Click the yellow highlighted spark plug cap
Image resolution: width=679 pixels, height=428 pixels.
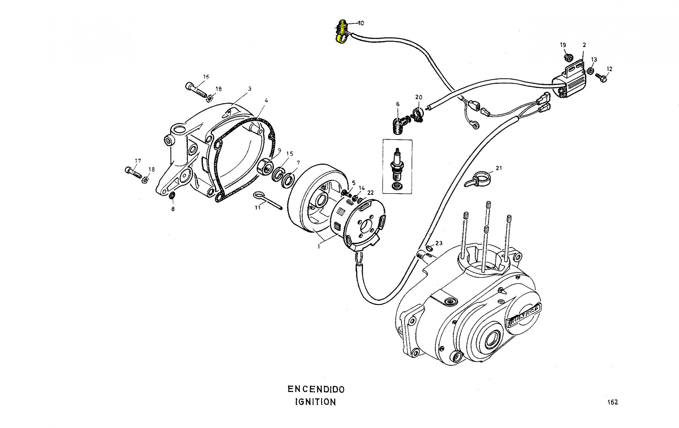(342, 31)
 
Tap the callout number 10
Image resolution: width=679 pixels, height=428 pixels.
(361, 23)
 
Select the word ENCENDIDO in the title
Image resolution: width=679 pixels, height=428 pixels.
(316, 389)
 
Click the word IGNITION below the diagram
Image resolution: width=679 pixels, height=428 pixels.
(316, 402)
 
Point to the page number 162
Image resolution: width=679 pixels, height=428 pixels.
(613, 402)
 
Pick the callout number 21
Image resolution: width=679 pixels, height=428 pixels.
(499, 168)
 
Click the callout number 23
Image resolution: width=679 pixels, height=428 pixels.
(439, 243)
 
